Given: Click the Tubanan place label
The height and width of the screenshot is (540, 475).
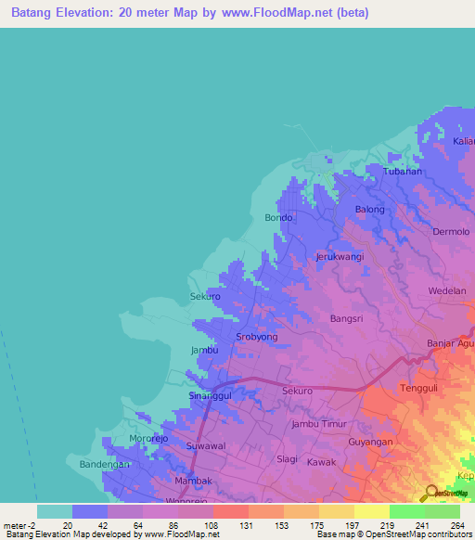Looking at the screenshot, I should point(404,172).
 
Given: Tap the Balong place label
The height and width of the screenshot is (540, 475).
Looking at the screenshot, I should point(370,210).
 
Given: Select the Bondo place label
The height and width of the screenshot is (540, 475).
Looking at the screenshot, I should point(278,218).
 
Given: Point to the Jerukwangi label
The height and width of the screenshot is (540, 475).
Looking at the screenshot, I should point(340,256).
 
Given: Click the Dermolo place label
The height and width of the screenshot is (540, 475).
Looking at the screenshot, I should point(451,232).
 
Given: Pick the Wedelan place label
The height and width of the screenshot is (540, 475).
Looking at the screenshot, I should point(447,290).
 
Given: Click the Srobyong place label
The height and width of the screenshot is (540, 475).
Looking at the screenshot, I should point(257,337).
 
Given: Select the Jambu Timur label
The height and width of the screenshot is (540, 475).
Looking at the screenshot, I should point(318,423).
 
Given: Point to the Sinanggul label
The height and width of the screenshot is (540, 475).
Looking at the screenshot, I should point(210,395).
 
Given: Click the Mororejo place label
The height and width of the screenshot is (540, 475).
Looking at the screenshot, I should point(150,438).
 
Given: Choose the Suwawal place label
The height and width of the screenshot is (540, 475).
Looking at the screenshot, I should point(206,446).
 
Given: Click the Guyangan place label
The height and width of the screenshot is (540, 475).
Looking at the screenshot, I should point(371,442).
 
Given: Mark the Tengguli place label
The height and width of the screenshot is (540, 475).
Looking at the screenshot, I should point(417,388).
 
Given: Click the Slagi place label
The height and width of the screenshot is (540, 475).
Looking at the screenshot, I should point(288,458).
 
